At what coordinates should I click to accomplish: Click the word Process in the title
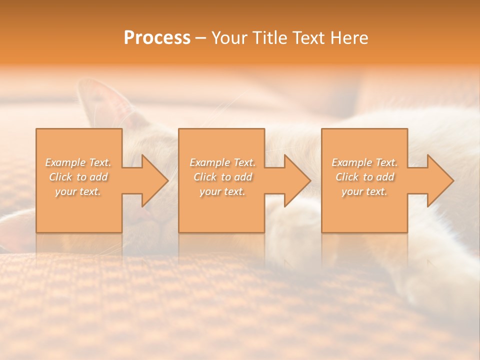tap(157, 38)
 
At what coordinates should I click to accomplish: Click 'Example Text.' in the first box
tap(78, 162)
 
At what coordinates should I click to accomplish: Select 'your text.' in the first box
tap(78, 191)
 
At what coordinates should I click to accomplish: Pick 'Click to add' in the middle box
tap(222, 177)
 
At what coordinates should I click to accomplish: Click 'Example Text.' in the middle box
tap(222, 162)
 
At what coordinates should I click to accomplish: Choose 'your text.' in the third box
tap(364, 191)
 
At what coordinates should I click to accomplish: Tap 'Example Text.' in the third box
tap(364, 162)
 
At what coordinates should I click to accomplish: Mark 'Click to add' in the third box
tap(364, 177)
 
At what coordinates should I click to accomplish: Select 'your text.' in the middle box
tap(222, 191)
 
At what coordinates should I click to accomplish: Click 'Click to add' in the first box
tap(78, 177)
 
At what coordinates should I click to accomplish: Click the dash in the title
tap(200, 38)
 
